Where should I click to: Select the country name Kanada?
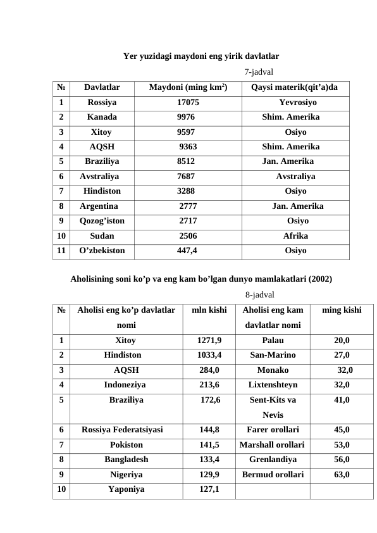point(101,117)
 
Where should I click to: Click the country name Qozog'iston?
point(102,221)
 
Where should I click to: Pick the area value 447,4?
point(187,251)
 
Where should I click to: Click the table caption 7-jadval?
point(259,72)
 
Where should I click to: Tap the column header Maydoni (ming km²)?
point(188,87)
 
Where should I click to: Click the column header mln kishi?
point(209,310)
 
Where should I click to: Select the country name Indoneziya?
point(125,384)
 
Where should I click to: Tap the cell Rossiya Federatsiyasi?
point(122,429)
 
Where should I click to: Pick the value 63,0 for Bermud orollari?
point(342,474)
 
